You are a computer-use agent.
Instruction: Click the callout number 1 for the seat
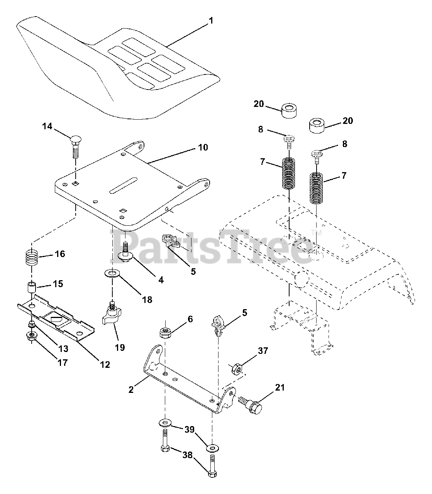pos(211,20)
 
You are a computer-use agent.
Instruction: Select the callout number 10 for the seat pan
pos(203,147)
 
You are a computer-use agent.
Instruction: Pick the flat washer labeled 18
pos(112,274)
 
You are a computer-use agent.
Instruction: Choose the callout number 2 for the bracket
pos(131,389)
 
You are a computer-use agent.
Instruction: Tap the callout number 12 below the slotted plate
pos(105,364)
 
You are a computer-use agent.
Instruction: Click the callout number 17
pos(62,362)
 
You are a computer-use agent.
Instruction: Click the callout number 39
pos(189,430)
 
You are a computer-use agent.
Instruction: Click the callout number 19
pos(120,347)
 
